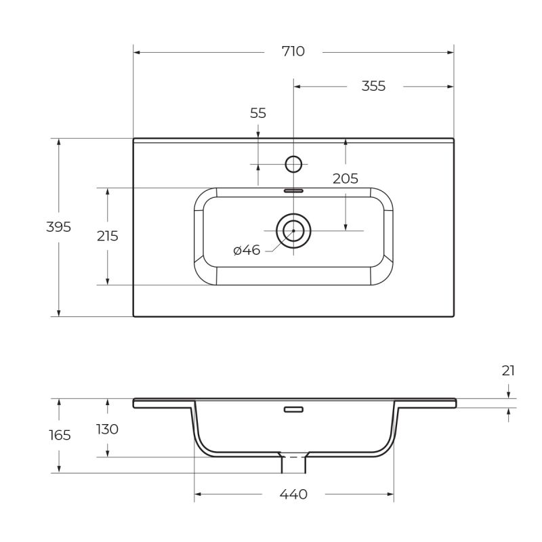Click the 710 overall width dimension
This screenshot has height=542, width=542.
pyautogui.click(x=293, y=51)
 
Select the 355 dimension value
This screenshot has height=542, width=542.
pyautogui.click(x=373, y=86)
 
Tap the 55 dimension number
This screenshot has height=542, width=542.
pyautogui.click(x=258, y=113)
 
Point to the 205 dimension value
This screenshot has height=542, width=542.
pyautogui.click(x=345, y=179)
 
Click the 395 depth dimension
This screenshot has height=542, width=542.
pyautogui.click(x=58, y=227)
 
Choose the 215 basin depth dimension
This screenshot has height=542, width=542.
pyautogui.click(x=107, y=236)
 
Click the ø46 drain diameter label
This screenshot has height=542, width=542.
pyautogui.click(x=247, y=251)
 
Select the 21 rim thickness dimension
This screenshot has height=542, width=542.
pyautogui.click(x=508, y=371)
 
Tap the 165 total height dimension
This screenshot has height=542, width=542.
pyautogui.click(x=60, y=435)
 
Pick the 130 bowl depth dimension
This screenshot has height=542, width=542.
pyautogui.click(x=107, y=429)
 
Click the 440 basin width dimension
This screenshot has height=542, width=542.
pyautogui.click(x=293, y=495)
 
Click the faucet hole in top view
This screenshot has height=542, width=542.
pyautogui.click(x=293, y=164)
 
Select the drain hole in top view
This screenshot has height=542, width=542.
pyautogui.click(x=293, y=230)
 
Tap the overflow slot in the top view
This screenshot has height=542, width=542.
pyautogui.click(x=293, y=191)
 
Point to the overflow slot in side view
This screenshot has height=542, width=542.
pyautogui.click(x=293, y=409)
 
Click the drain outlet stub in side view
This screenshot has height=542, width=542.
pyautogui.click(x=293, y=463)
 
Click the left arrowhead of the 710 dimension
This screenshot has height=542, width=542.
pyautogui.click(x=136, y=51)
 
